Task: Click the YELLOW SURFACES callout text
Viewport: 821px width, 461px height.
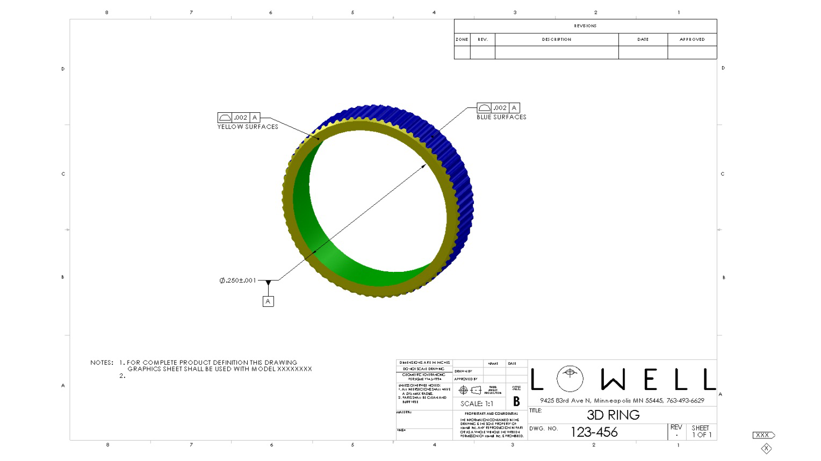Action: [x=248, y=127]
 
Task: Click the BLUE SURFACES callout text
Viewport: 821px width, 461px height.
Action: [x=501, y=117]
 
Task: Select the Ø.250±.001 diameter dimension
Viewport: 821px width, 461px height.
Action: [x=238, y=280]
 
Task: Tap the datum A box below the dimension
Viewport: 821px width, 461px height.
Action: [x=268, y=301]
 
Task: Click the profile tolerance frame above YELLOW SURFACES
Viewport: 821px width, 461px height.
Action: [x=239, y=118]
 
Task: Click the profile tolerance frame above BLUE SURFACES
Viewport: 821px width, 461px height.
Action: [x=498, y=108]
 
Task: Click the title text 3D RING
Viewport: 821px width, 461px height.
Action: [x=613, y=415]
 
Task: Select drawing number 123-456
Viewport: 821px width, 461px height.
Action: [x=594, y=432]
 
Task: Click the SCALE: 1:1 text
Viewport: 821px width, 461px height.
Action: [x=477, y=404]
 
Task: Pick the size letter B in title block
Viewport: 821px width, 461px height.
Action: [x=516, y=401]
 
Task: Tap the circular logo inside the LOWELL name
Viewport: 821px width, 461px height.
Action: [x=570, y=379]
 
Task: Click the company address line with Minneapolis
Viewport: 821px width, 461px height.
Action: [x=622, y=401]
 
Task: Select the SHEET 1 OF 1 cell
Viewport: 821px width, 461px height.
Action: [x=701, y=431]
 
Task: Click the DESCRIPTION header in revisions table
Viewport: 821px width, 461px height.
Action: [x=557, y=39]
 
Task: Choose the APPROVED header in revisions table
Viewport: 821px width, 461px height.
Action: [x=692, y=39]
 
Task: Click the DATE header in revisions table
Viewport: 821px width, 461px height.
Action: [x=643, y=39]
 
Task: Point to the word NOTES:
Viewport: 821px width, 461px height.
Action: [x=102, y=363]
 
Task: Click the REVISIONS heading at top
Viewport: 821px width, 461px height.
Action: [x=585, y=26]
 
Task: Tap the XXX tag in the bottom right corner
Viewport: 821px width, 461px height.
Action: [x=762, y=435]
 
